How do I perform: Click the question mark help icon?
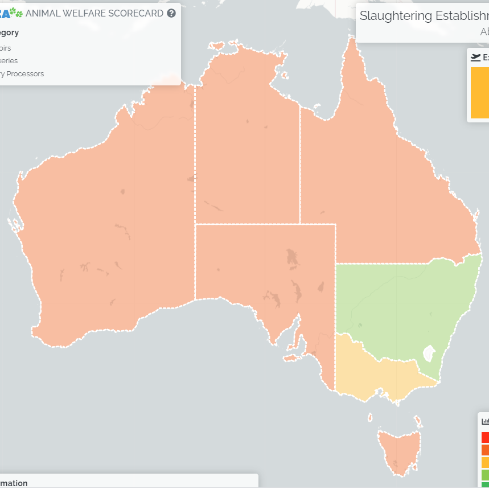[x=171, y=13]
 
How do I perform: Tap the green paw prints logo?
[x=16, y=12]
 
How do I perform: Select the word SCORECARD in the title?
[x=135, y=13]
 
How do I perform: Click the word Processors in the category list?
[x=25, y=73]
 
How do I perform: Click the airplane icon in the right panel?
[x=475, y=57]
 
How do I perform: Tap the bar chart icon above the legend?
[x=485, y=421]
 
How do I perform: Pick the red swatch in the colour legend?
[x=485, y=437]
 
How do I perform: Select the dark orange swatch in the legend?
[x=485, y=450]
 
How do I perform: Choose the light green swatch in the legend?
[x=485, y=474]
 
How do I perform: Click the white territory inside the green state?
[x=429, y=354]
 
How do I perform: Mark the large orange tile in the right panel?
[x=480, y=92]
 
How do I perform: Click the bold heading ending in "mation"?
[x=14, y=483]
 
